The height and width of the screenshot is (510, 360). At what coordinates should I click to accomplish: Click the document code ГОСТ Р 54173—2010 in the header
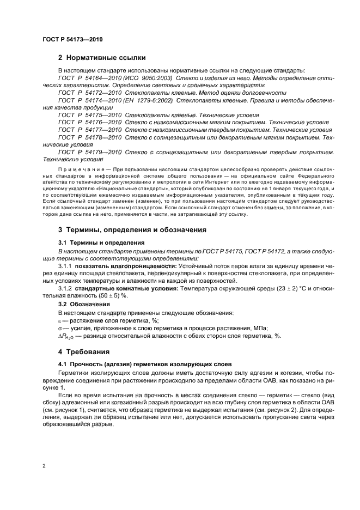pos(72,40)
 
